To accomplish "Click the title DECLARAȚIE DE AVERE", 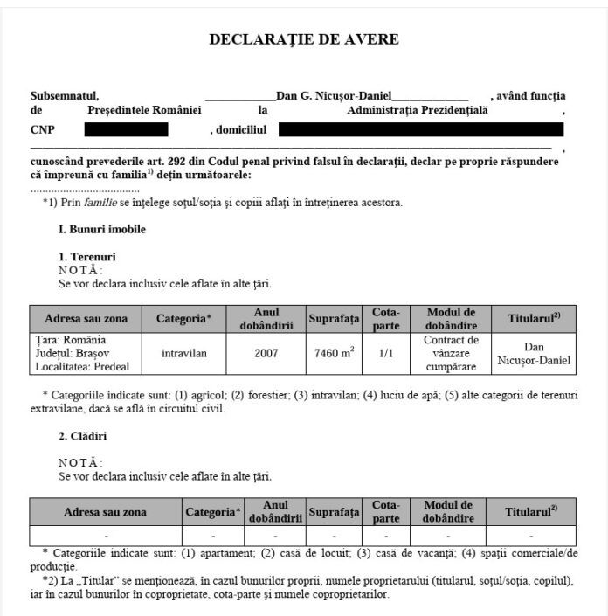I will coord(304,39).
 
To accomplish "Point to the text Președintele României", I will coord(144,111).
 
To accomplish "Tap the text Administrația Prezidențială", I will coord(418,111).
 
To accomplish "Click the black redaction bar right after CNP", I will coord(126,130).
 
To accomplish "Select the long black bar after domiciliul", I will coord(421,130).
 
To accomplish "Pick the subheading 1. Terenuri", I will coord(87,257).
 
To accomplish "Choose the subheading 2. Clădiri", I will coord(83,435).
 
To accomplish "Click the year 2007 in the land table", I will coord(266,355).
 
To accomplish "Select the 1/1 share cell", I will coord(385,355).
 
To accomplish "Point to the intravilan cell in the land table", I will coord(184,355).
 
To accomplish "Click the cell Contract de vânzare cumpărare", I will coord(451,354).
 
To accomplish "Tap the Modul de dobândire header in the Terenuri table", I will coord(451,319).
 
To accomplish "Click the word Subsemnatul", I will coord(65,95).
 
